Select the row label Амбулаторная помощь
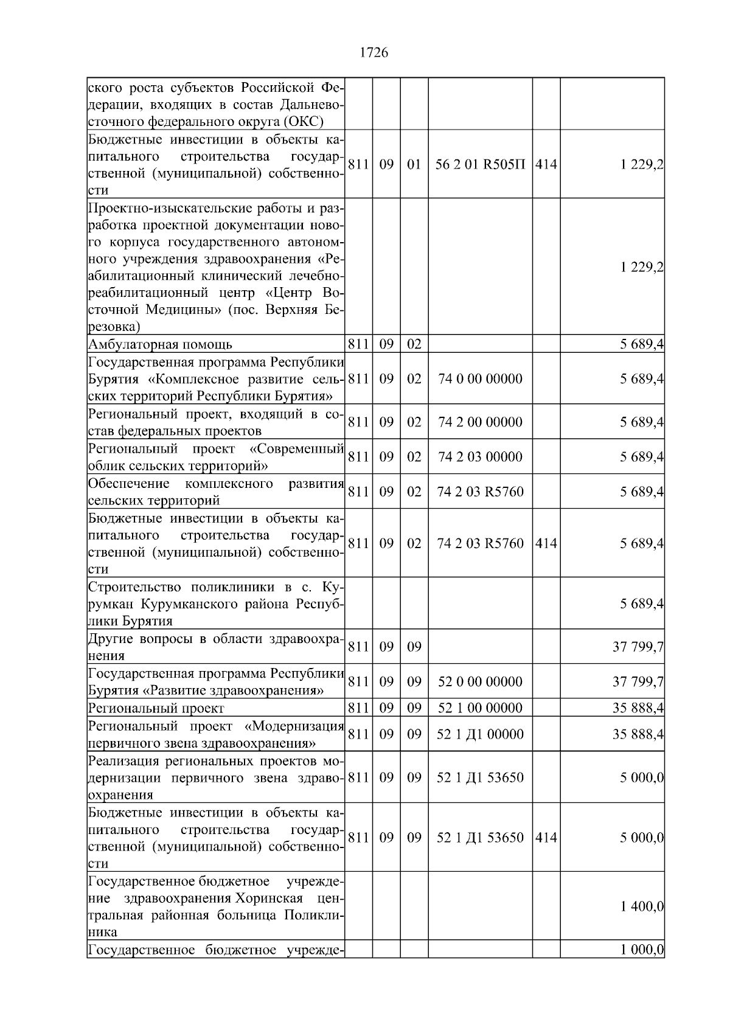pyautogui.click(x=160, y=345)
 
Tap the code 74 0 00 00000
pyautogui.click(x=480, y=379)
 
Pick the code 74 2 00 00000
pyautogui.click(x=480, y=422)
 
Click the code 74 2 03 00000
pyautogui.click(x=480, y=457)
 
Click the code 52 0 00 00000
pyautogui.click(x=480, y=682)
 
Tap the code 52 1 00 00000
pyautogui.click(x=480, y=708)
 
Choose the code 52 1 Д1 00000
pyautogui.click(x=480, y=734)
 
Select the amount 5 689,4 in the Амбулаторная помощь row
pyautogui.click(x=642, y=345)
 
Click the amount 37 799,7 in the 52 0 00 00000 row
pyautogui.click(x=638, y=682)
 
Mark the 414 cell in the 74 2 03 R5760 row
pyautogui.click(x=546, y=543)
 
